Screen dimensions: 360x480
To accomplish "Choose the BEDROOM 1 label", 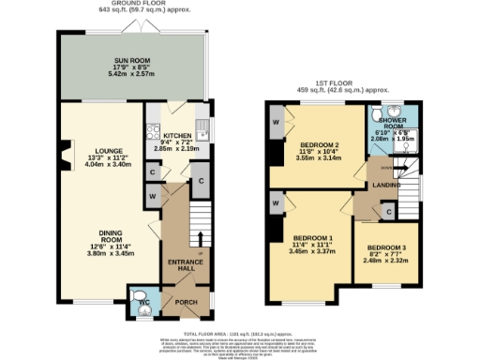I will click(x=310, y=237).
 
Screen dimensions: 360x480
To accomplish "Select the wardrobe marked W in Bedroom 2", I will click(x=277, y=123).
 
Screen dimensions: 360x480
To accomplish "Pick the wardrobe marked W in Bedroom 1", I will click(x=276, y=202).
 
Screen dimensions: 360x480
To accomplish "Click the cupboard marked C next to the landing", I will click(x=388, y=214).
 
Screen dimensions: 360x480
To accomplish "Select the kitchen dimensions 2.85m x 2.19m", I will click(x=177, y=148).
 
